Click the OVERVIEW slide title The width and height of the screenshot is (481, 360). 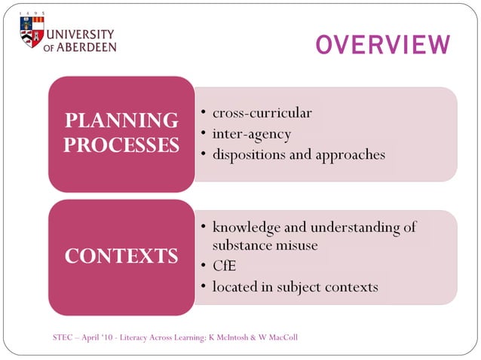coord(382,45)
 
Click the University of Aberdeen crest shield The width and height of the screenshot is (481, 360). coord(32,32)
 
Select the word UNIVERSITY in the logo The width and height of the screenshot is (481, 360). coord(81,35)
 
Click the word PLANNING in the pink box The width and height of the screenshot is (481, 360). coord(121,121)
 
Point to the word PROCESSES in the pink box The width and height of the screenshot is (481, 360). coord(121,145)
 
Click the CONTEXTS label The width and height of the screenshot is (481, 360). coord(121,256)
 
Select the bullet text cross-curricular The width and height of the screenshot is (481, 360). coord(262,113)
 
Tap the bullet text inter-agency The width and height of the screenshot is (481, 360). coord(251,134)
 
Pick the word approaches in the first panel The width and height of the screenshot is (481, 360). coord(347,154)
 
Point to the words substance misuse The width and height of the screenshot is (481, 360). coord(265,246)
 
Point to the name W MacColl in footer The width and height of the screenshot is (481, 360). coord(278,337)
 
